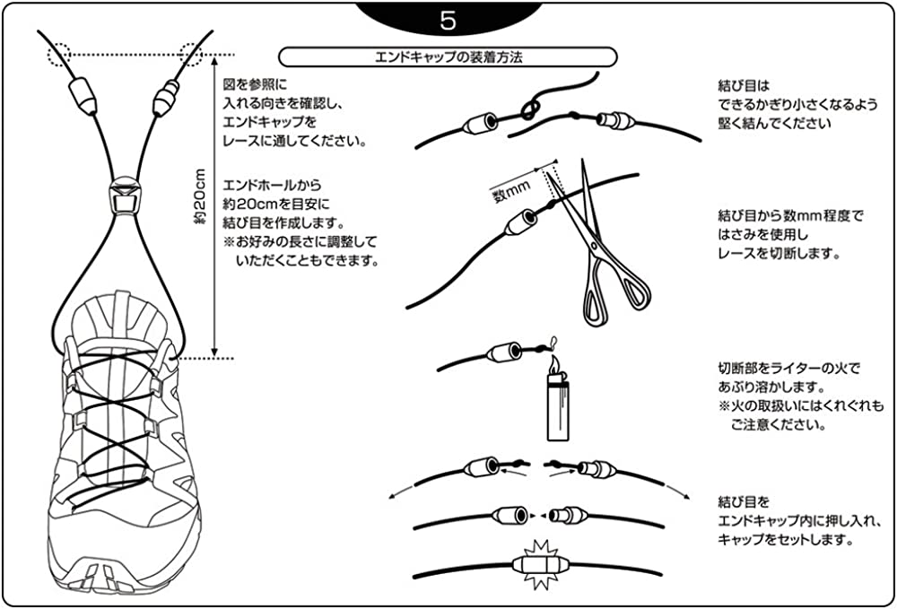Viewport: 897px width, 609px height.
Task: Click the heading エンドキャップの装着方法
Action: [448, 57]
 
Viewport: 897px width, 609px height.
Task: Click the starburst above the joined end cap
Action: [540, 549]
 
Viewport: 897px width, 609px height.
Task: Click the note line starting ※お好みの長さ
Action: [301, 242]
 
